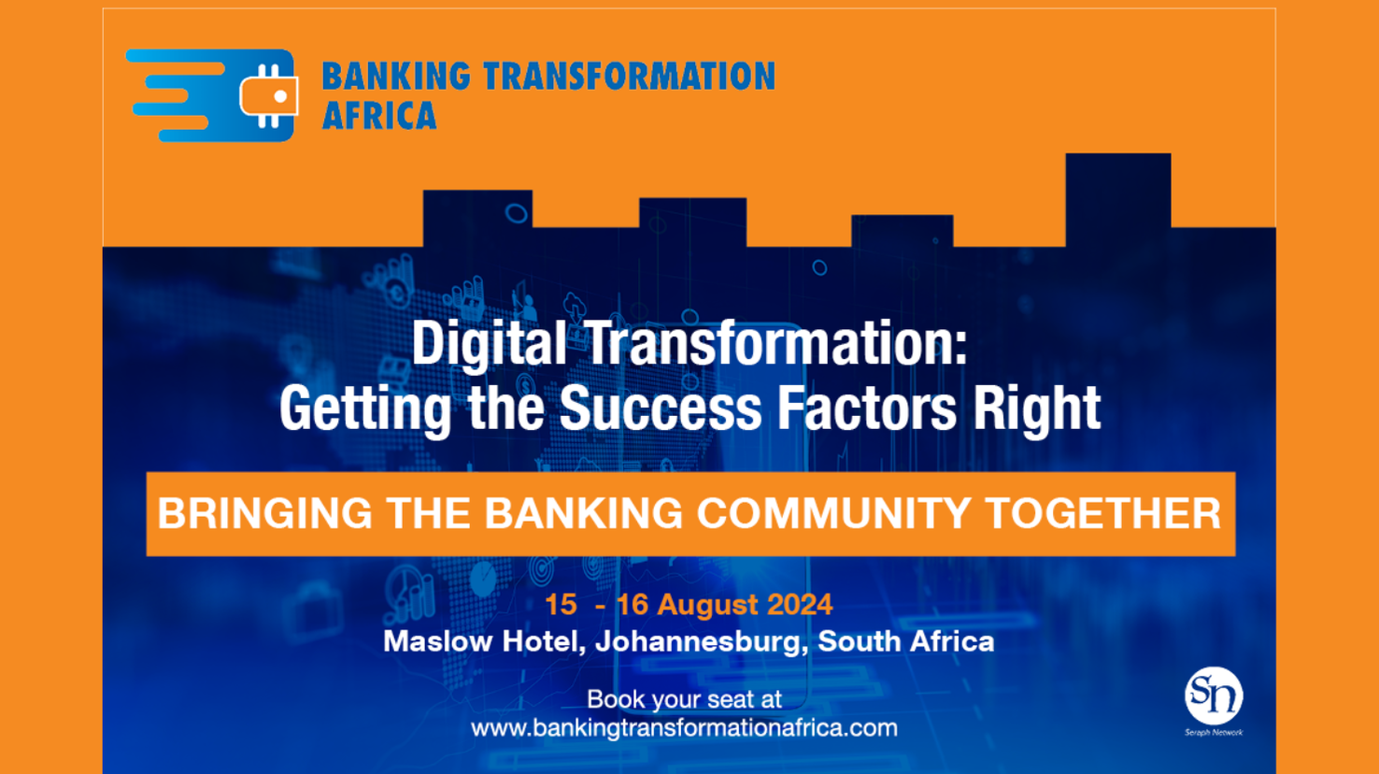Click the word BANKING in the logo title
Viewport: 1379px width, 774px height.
(x=396, y=77)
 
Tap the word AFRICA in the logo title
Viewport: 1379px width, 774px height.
(x=379, y=115)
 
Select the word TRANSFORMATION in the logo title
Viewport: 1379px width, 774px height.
(x=629, y=77)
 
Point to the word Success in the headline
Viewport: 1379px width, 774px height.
(x=661, y=408)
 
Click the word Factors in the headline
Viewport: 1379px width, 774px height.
(x=867, y=408)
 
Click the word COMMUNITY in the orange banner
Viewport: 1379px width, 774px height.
(x=833, y=513)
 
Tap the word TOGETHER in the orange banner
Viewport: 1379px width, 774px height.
(x=1103, y=513)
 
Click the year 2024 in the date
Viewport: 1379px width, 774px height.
(x=800, y=605)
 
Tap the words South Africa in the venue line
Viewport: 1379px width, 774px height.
(x=905, y=641)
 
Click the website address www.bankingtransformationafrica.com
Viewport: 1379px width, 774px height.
(x=684, y=729)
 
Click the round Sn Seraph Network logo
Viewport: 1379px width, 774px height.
(x=1214, y=695)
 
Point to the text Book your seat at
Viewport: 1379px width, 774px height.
(x=684, y=700)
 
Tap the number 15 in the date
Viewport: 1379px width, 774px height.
(x=561, y=605)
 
